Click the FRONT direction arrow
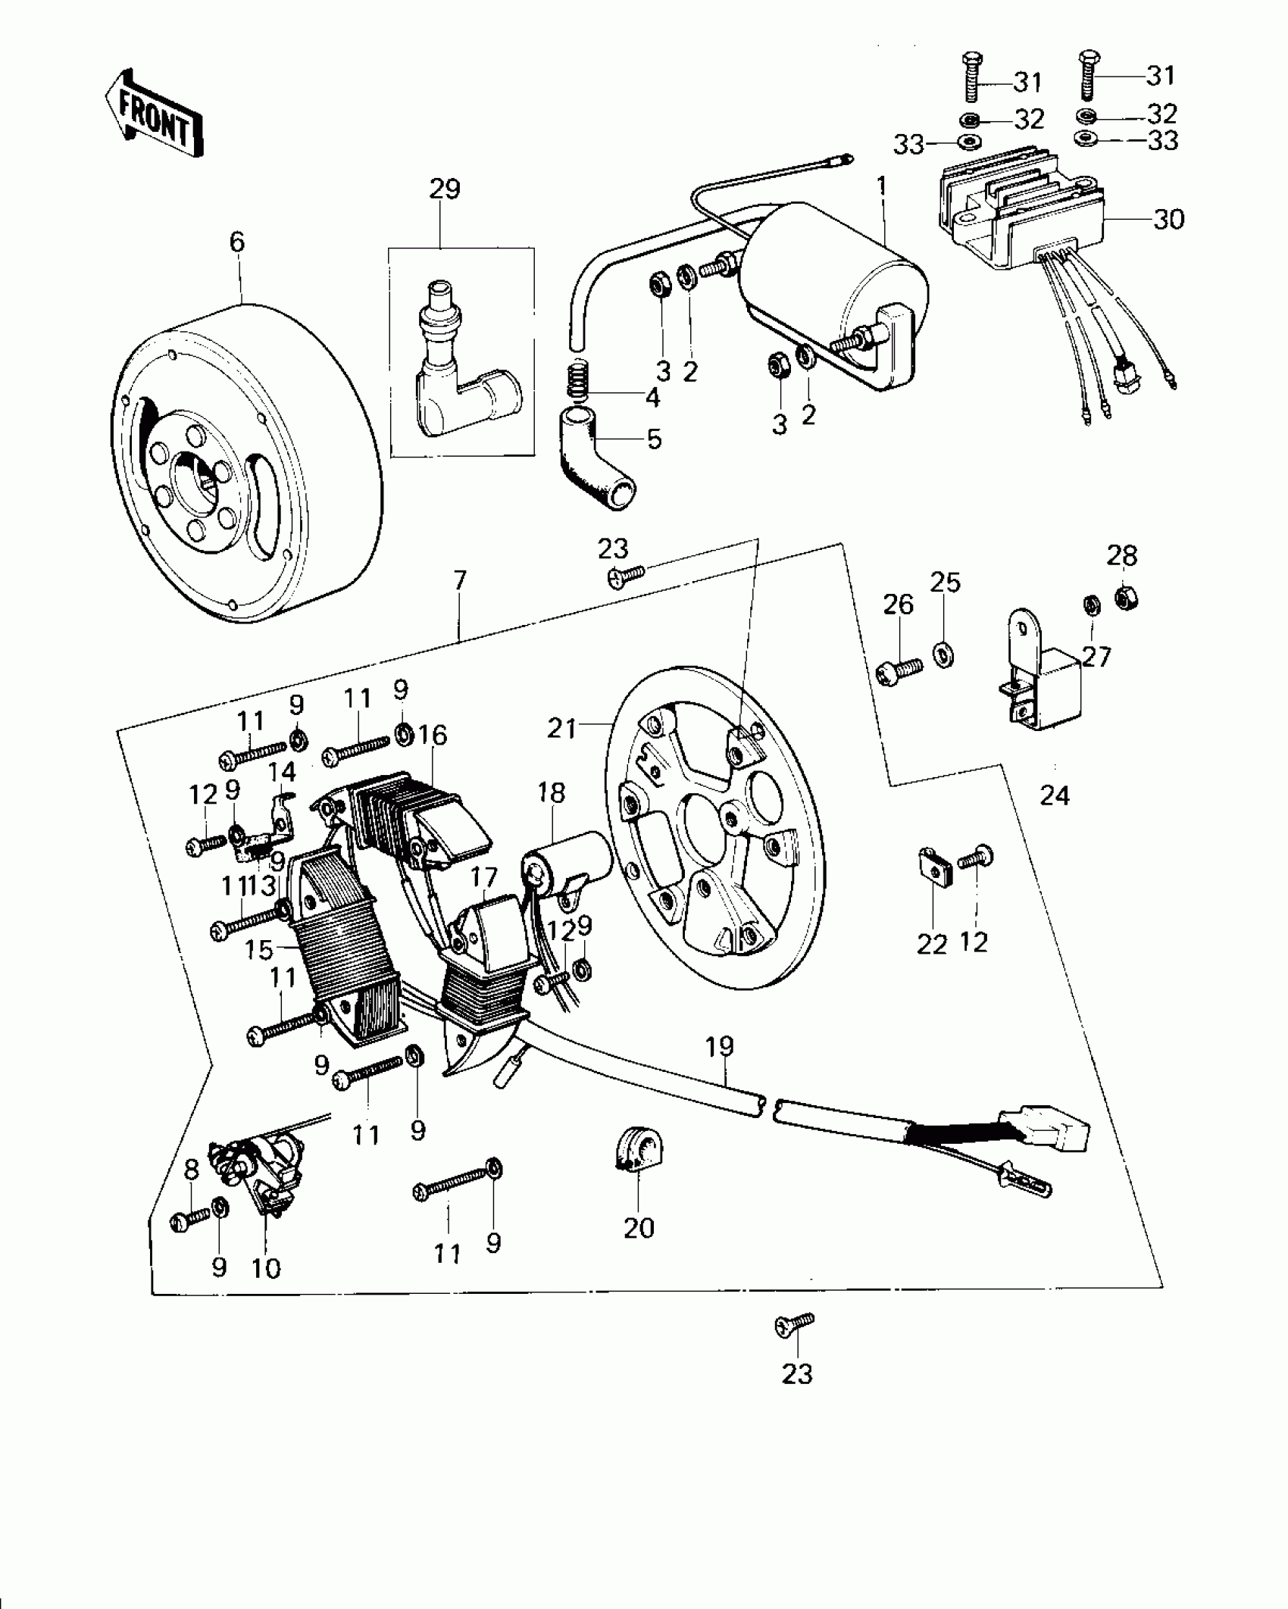click(154, 113)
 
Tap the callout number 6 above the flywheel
click(237, 242)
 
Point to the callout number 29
click(445, 189)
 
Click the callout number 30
click(1168, 220)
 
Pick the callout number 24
click(1055, 795)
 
